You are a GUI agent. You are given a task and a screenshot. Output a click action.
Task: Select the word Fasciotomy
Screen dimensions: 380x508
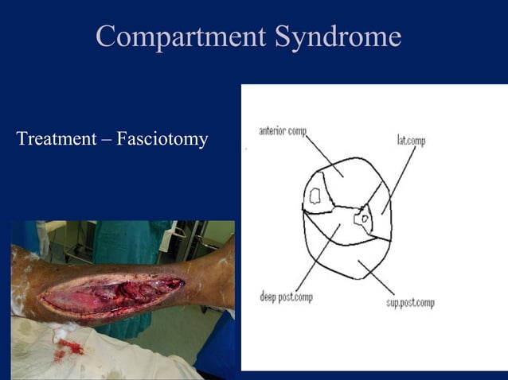pyautogui.click(x=162, y=140)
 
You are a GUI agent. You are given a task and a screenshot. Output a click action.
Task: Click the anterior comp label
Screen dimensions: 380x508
pyautogui.click(x=283, y=130)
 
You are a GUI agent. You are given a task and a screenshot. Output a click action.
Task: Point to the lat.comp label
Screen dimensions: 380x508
pyautogui.click(x=411, y=141)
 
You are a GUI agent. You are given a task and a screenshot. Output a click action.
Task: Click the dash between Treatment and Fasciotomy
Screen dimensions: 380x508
pyautogui.click(x=108, y=141)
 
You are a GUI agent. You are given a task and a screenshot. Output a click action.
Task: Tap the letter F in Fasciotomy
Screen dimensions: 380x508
pyautogui.click(x=122, y=140)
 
